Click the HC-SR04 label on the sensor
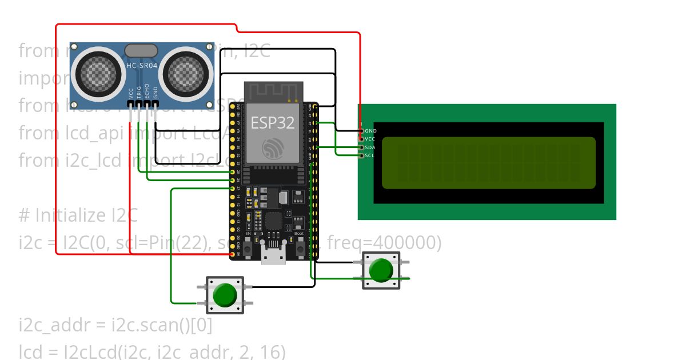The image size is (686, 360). click(141, 66)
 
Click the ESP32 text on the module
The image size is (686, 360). click(272, 122)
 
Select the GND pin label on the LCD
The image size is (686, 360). click(370, 131)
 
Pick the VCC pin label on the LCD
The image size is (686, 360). click(370, 139)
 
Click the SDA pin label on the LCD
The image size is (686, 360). click(370, 147)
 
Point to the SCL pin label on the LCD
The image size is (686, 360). click(369, 155)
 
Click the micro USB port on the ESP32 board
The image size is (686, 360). click(274, 257)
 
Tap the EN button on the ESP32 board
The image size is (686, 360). click(248, 247)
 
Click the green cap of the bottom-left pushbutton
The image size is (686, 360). click(225, 294)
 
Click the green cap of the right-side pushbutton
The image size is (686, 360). click(381, 270)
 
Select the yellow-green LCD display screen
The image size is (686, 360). click(489, 163)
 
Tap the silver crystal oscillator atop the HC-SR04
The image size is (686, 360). click(141, 50)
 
